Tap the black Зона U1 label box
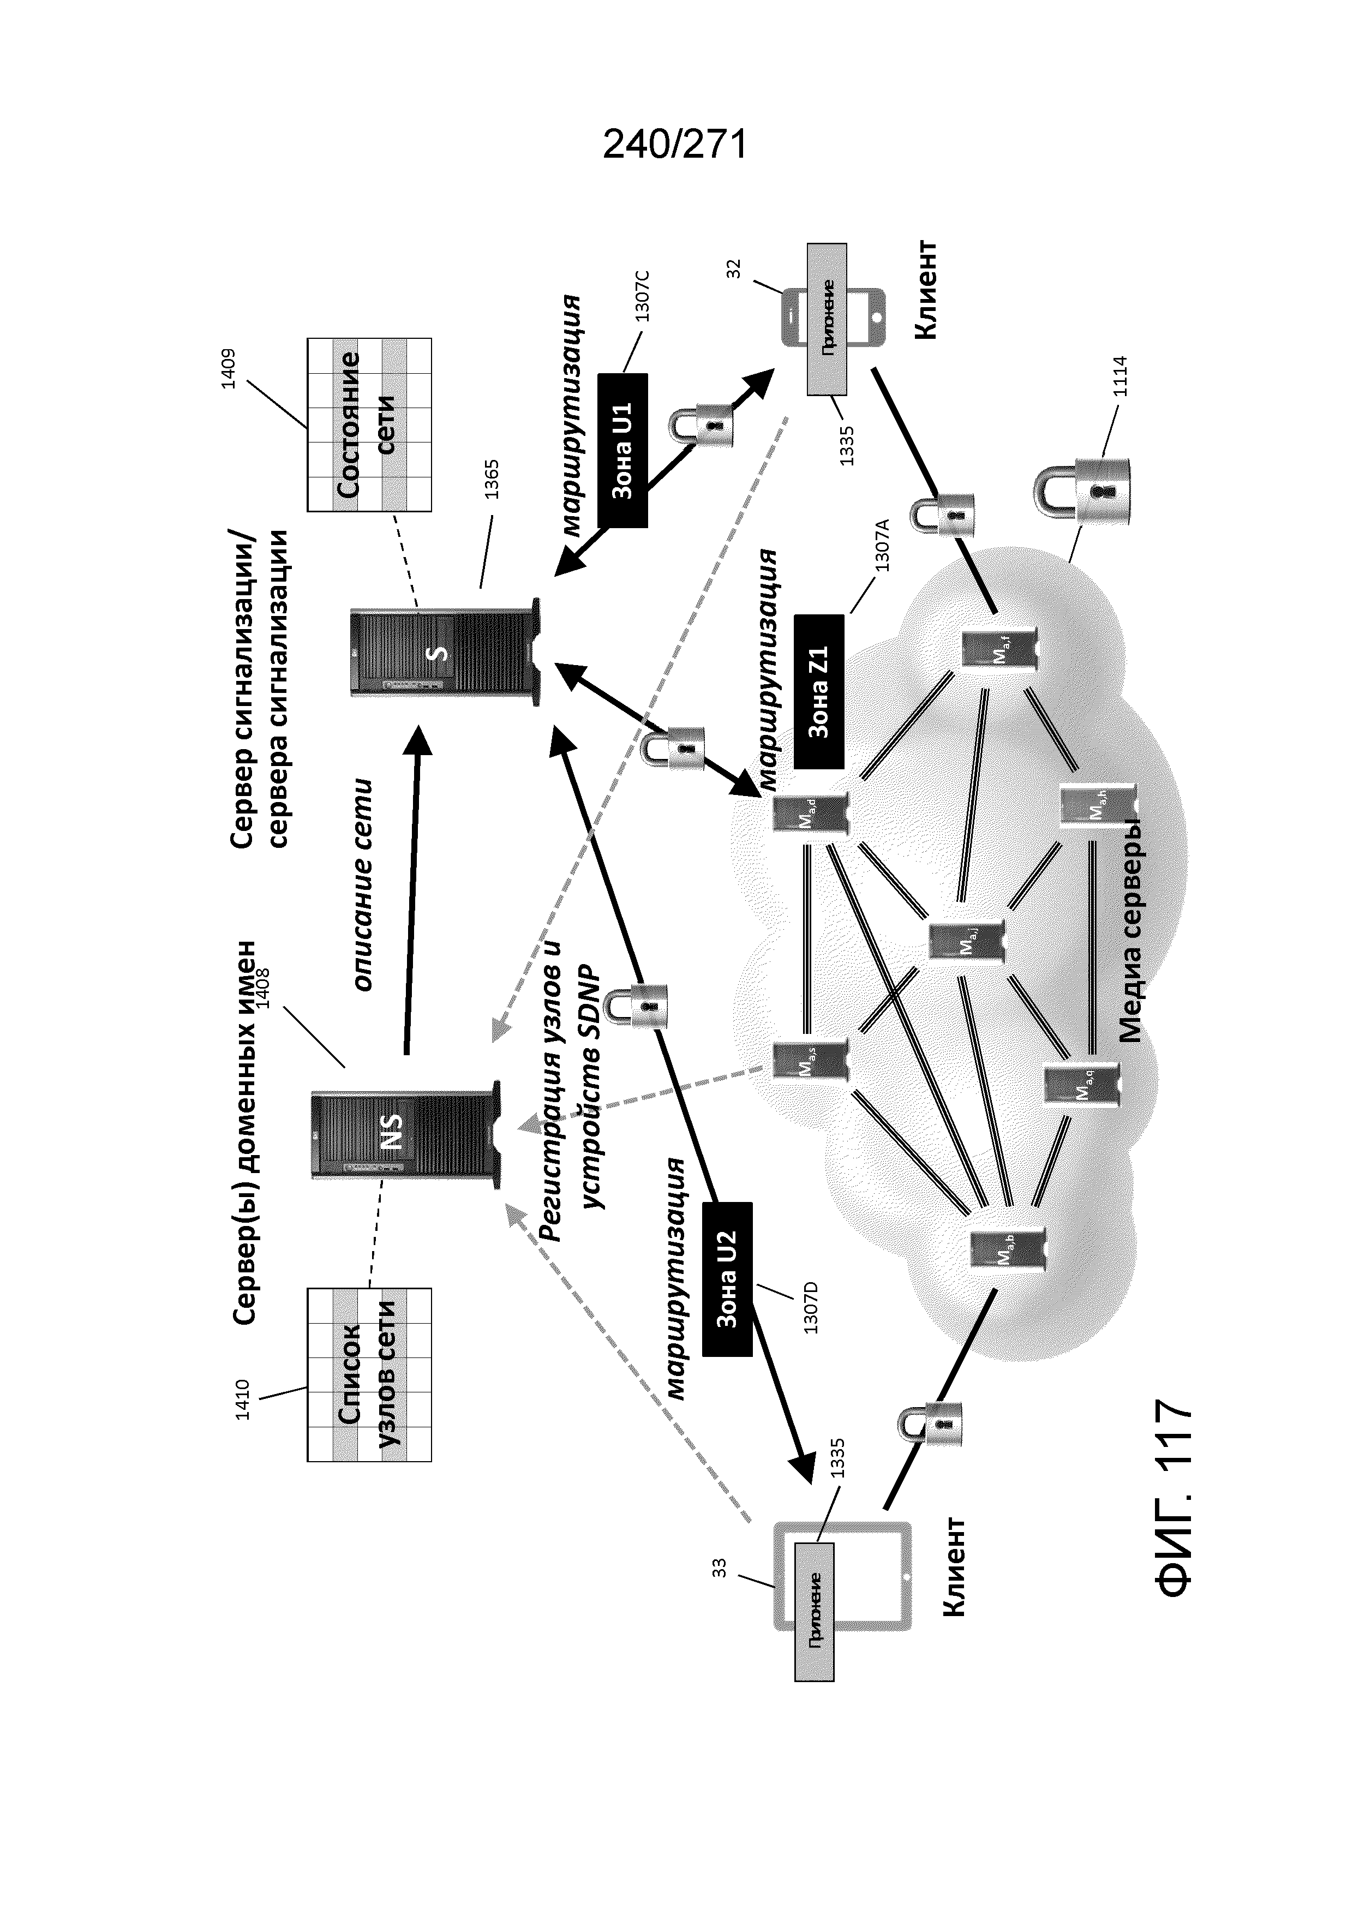click(x=622, y=450)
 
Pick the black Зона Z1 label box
click(x=819, y=691)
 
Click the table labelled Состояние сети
click(x=369, y=424)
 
